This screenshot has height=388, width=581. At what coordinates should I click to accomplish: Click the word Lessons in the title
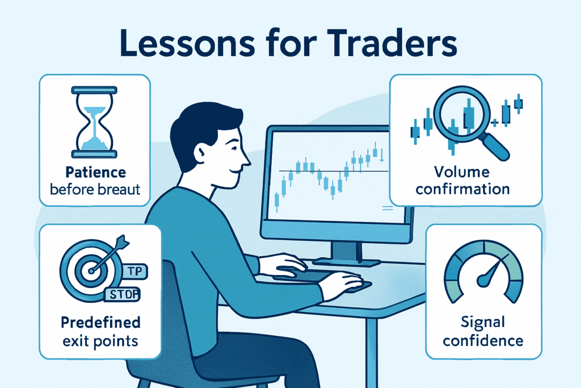pos(187,43)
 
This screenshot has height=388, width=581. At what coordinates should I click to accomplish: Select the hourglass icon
pos(94,122)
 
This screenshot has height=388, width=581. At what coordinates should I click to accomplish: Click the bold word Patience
pos(95,173)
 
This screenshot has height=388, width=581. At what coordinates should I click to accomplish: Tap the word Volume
pos(462,172)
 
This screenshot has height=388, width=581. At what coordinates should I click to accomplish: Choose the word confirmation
pos(462,189)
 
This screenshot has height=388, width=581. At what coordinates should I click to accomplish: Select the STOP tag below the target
pos(123,294)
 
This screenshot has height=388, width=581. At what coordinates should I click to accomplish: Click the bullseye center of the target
pos(91,271)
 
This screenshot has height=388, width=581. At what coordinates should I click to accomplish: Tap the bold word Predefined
pos(101,322)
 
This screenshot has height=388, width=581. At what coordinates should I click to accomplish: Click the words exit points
pos(100,341)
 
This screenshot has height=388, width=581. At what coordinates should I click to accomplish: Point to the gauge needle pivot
pos(483,280)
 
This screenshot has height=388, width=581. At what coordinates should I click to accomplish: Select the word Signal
pos(483,323)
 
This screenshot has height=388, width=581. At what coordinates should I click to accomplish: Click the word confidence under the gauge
pos(483,340)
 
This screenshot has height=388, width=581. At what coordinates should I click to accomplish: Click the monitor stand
pos(347,254)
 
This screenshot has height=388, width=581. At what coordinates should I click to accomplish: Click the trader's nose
pos(246,160)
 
